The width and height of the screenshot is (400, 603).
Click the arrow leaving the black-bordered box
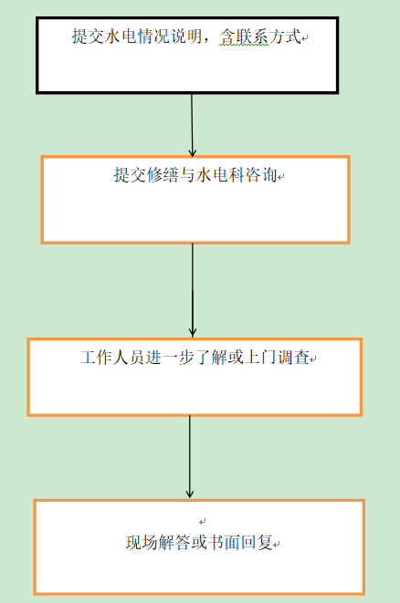192,125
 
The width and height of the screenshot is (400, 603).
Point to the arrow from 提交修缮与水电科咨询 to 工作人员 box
193,291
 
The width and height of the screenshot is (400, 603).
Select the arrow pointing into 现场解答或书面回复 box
189,457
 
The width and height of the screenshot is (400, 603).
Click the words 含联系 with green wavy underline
243,37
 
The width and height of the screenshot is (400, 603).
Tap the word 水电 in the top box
112,36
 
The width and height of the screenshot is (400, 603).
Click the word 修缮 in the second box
163,175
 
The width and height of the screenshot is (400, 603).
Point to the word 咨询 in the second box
261,175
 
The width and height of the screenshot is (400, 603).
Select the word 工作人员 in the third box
112,358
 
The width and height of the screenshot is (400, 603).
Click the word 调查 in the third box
293,358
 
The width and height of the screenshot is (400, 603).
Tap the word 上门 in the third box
260,358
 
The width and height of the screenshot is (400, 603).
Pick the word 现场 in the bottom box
142,543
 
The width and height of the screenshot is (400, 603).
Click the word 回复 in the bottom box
257,543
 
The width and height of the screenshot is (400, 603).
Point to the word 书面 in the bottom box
224,543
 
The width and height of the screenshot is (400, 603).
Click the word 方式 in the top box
285,36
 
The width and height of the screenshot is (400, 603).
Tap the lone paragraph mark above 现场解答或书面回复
203,522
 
